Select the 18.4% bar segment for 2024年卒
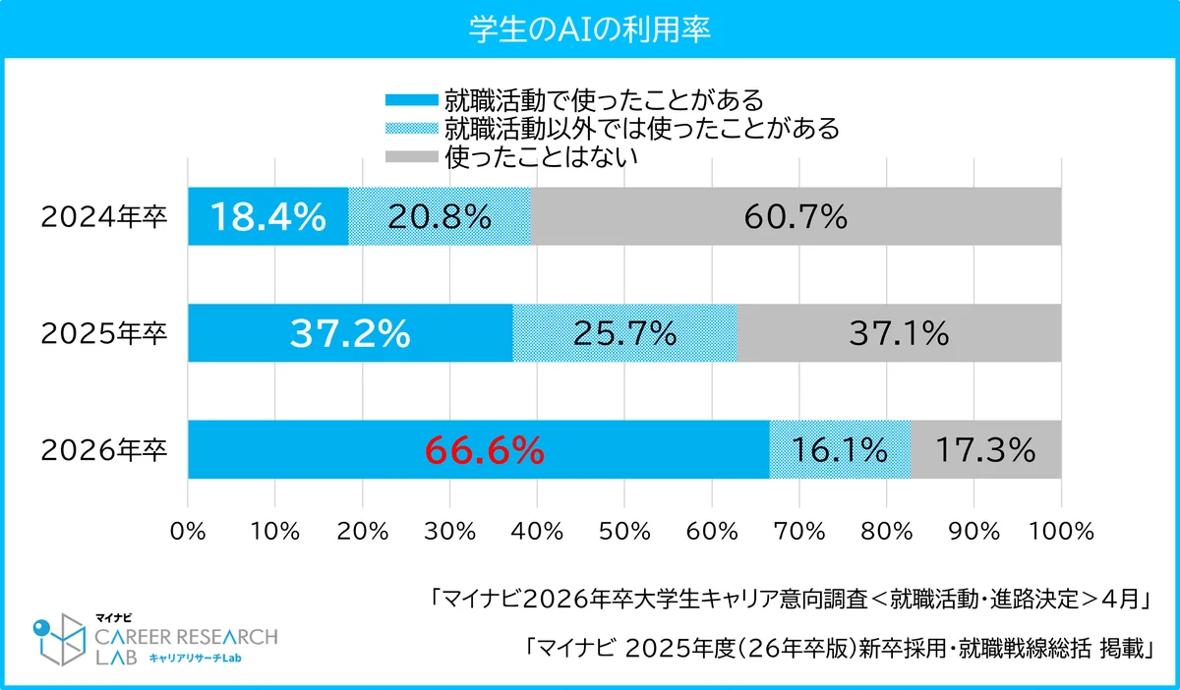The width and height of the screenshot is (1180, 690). click(x=267, y=216)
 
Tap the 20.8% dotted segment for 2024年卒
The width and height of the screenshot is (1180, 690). click(x=439, y=216)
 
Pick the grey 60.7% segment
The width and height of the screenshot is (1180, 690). click(x=796, y=216)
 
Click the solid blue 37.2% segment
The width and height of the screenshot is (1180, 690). click(x=349, y=333)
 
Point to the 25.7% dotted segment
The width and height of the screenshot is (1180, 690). click(x=625, y=333)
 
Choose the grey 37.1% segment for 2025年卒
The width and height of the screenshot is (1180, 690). click(x=899, y=333)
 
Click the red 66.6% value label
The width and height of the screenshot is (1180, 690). click(x=484, y=450)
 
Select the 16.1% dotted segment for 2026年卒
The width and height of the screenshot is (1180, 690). click(x=840, y=450)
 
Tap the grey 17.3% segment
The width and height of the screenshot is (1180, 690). click(x=985, y=450)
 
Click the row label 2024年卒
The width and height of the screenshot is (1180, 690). click(x=104, y=217)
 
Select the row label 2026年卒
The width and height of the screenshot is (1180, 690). click(x=104, y=451)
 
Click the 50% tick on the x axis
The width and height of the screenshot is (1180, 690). click(x=624, y=531)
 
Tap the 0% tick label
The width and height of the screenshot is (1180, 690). click(x=188, y=531)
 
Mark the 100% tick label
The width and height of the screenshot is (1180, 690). click(x=1061, y=531)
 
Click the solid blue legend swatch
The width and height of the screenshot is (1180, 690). click(x=409, y=100)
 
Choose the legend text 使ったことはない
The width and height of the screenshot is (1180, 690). click(x=542, y=156)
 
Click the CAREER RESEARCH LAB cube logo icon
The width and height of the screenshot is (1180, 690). click(x=61, y=639)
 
